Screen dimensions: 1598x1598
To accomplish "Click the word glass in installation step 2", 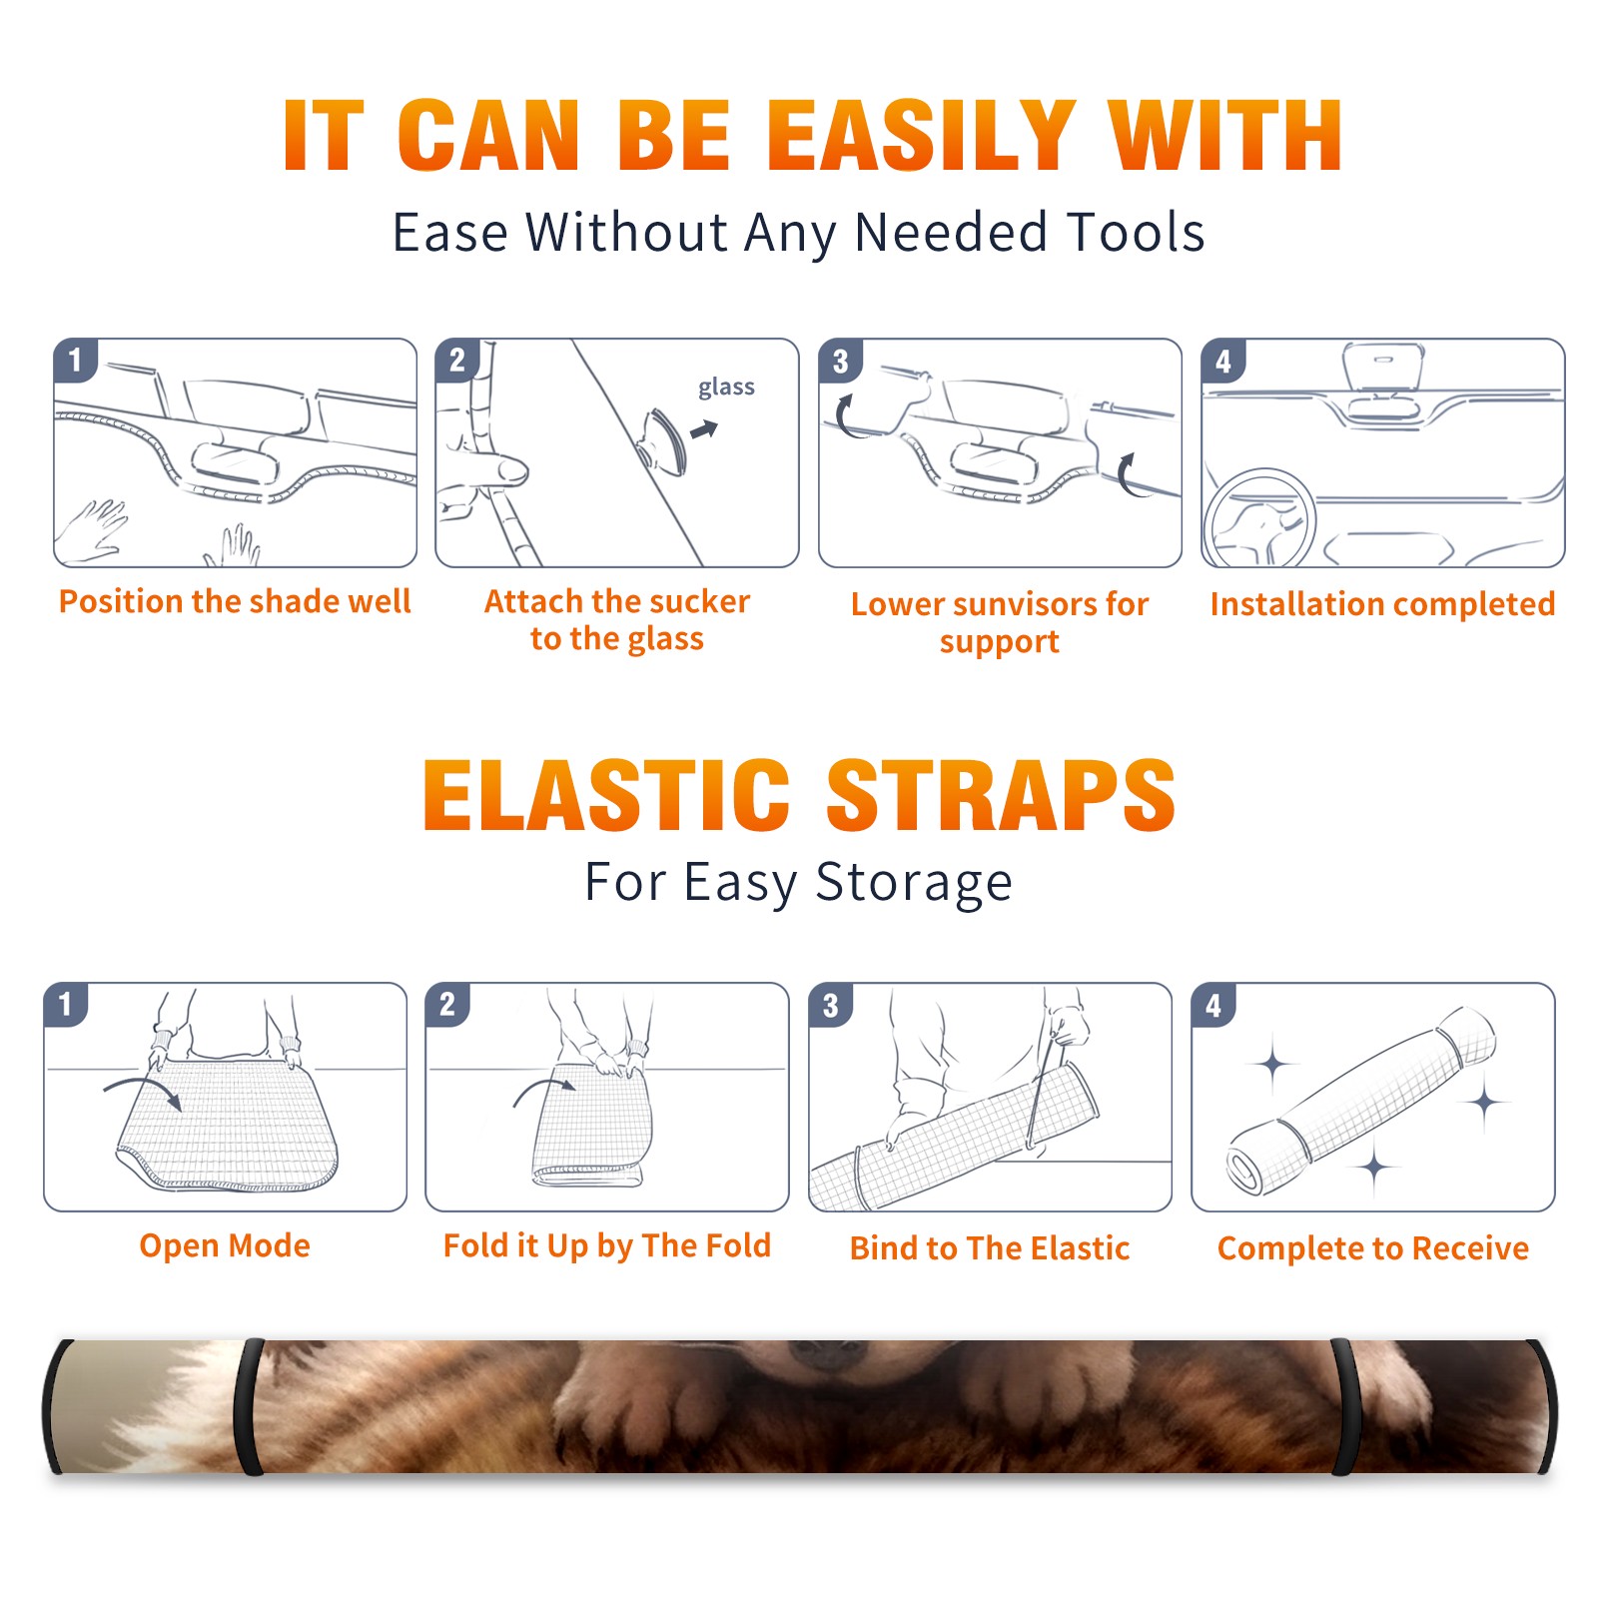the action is [x=726, y=388].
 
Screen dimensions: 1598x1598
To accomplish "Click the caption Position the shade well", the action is [x=235, y=601].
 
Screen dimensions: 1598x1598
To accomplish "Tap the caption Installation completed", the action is [x=1382, y=604].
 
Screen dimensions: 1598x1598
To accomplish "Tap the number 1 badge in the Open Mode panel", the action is [x=66, y=1004].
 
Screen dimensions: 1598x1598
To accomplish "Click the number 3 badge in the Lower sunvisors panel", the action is [x=840, y=361].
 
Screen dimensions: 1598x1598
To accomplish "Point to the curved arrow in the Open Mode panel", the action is [x=144, y=1090].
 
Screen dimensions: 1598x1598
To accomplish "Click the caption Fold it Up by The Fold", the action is [x=607, y=1245].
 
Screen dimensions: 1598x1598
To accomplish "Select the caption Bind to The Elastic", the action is [x=990, y=1248].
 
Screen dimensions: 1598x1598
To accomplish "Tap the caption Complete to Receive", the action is [x=1373, y=1248].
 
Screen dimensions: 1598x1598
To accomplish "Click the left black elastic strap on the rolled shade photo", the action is [x=249, y=1406].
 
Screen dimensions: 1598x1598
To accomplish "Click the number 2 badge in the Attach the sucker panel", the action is [x=457, y=361].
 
